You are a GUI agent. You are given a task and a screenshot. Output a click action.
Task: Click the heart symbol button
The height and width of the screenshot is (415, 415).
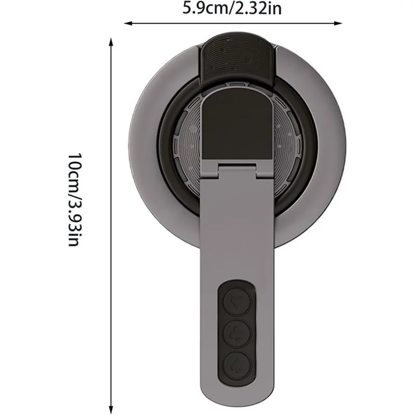(238, 300)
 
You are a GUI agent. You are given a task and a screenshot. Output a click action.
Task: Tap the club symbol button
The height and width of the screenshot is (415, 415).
(238, 331)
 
